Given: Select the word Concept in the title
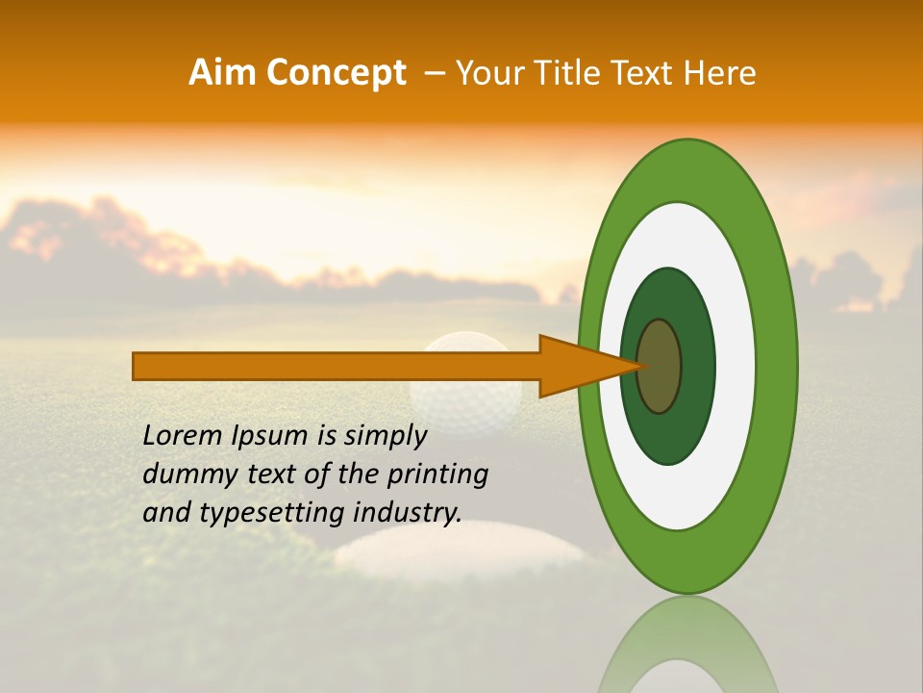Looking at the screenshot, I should pyautogui.click(x=336, y=73).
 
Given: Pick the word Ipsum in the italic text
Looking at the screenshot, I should pyautogui.click(x=270, y=436).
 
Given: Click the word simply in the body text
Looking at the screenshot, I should pyautogui.click(x=385, y=436).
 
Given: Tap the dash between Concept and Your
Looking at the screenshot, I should pyautogui.click(x=434, y=73).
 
